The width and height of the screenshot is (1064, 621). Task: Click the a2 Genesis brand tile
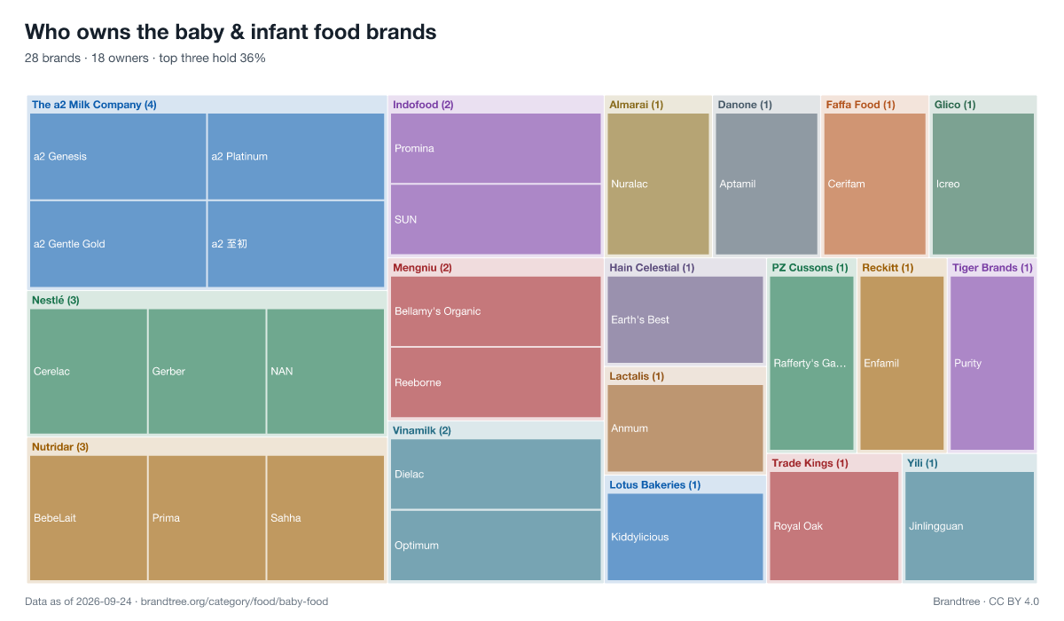point(118,156)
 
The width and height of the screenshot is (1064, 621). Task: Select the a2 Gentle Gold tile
point(118,244)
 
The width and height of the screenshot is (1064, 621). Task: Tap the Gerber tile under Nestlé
point(207,371)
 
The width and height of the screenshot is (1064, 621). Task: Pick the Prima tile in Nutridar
point(207,518)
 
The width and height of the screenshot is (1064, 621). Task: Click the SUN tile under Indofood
point(496,219)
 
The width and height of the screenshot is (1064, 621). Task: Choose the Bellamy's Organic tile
point(496,311)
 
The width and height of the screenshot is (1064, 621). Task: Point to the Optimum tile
point(496,546)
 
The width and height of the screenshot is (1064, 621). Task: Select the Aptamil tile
point(766,184)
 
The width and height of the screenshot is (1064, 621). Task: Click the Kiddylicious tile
point(685,537)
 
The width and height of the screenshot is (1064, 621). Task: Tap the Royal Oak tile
point(834,526)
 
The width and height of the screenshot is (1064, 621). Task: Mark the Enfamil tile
point(902,363)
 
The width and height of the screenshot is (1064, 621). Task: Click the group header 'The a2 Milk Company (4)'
point(94,105)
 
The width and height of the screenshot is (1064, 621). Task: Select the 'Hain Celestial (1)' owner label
point(652,268)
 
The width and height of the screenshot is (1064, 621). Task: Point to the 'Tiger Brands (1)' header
point(992,268)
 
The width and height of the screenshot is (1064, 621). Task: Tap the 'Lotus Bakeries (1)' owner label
point(654,484)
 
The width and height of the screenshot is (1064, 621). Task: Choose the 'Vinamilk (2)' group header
point(422,430)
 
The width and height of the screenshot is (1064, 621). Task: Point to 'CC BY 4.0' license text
point(1013,601)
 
